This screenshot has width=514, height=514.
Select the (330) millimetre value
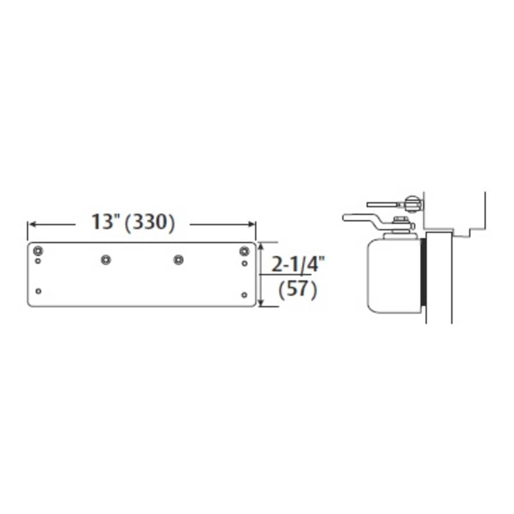click(150, 222)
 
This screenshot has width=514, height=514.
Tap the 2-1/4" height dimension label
click(298, 265)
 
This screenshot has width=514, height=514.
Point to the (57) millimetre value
click(298, 290)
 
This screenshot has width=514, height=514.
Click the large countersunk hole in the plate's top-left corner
click(38, 251)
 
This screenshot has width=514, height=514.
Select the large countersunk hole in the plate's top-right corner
click(244, 251)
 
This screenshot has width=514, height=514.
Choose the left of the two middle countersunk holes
click(105, 260)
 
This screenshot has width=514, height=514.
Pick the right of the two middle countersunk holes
click(178, 260)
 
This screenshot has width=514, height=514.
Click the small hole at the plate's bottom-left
click(38, 291)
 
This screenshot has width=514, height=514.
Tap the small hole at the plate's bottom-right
click(244, 295)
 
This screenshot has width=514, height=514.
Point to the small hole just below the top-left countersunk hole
click(38, 262)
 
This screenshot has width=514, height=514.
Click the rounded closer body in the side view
click(393, 275)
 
